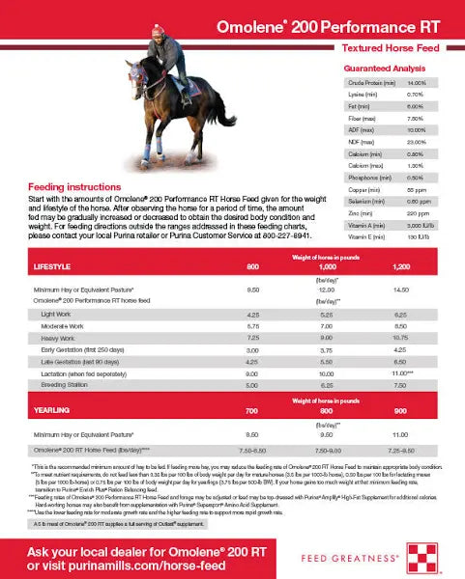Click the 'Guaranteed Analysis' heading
coord(381,70)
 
